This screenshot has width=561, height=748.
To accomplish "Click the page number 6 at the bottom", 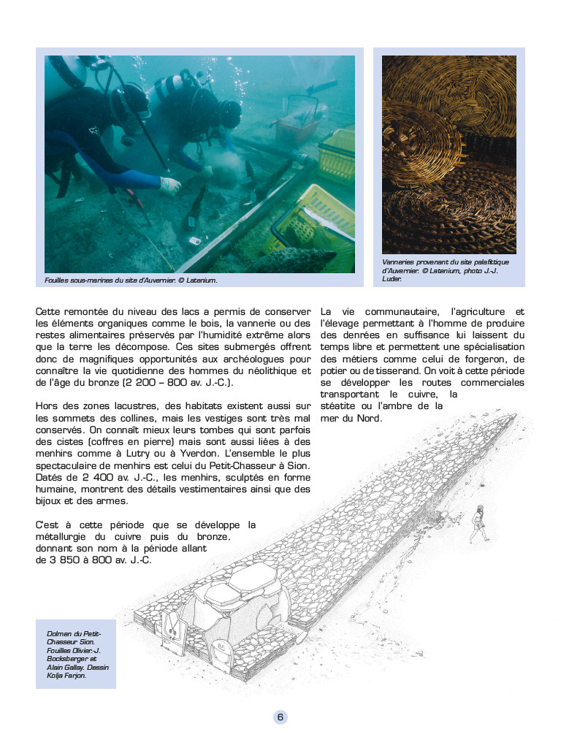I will [280, 717].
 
